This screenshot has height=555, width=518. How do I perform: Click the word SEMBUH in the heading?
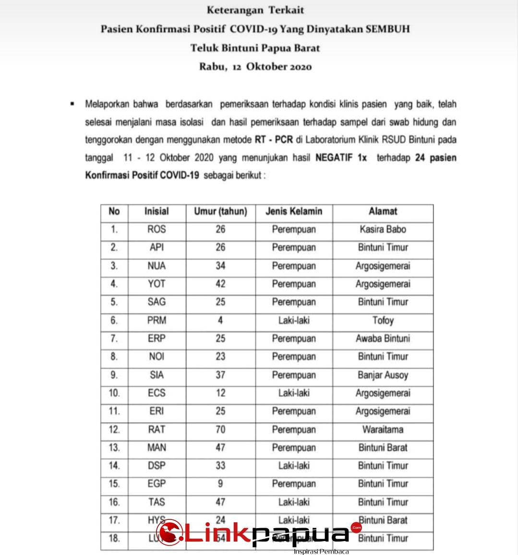click(x=387, y=29)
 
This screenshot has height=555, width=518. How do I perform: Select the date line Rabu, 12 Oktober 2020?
click(x=255, y=67)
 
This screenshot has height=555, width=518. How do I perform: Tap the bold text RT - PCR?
click(x=274, y=140)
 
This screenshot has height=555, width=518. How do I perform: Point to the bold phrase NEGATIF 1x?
click(x=341, y=158)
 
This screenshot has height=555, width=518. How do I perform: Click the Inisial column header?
click(x=157, y=211)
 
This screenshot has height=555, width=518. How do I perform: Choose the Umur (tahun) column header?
click(x=220, y=211)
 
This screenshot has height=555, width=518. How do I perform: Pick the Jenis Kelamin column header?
click(x=294, y=211)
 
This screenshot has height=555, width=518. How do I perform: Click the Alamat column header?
click(x=383, y=211)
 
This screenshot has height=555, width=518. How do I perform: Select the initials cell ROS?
click(x=157, y=229)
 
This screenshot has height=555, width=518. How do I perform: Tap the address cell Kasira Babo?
click(x=383, y=229)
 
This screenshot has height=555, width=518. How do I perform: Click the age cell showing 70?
click(x=220, y=429)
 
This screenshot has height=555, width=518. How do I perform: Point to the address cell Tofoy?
click(x=383, y=320)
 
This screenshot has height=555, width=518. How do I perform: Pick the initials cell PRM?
click(x=157, y=320)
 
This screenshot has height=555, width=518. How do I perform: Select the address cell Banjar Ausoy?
click(x=383, y=374)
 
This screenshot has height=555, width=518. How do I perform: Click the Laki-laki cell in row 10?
click(x=294, y=393)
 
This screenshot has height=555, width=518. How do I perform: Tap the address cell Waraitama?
click(x=383, y=429)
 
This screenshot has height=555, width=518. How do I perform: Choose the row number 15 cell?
click(x=114, y=483)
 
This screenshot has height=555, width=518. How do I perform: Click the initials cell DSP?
click(x=157, y=466)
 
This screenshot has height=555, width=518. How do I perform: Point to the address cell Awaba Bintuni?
click(x=383, y=338)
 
